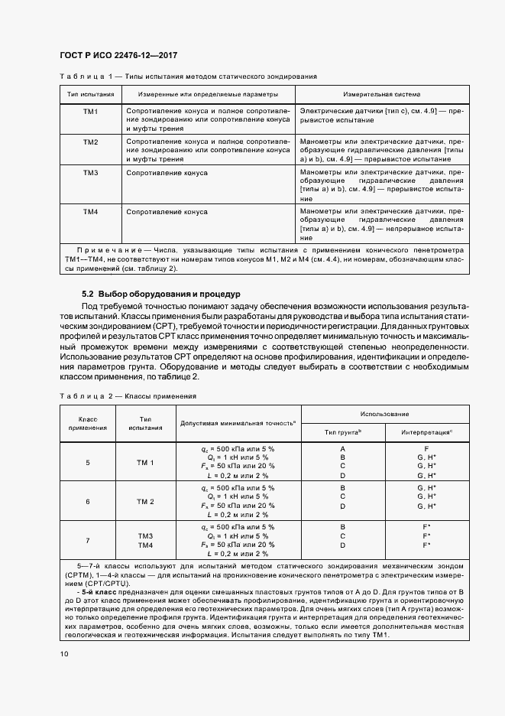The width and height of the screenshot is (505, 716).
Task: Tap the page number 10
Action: coord(63,653)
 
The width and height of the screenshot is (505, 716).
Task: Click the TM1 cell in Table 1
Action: coord(91,112)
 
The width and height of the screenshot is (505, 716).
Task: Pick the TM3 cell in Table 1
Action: coord(91,174)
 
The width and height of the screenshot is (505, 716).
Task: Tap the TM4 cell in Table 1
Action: coord(91,211)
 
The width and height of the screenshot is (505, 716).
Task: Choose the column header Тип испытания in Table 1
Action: coord(91,95)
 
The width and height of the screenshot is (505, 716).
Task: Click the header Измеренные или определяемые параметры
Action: coord(208,95)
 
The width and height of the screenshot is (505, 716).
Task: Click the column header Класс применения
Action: coord(87,423)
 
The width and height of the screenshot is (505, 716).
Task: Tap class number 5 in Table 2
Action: coord(87,463)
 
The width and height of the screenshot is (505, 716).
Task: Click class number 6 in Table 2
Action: coord(87,501)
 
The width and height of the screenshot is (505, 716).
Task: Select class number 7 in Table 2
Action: coord(87,540)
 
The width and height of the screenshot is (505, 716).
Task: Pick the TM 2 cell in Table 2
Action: coord(145,501)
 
